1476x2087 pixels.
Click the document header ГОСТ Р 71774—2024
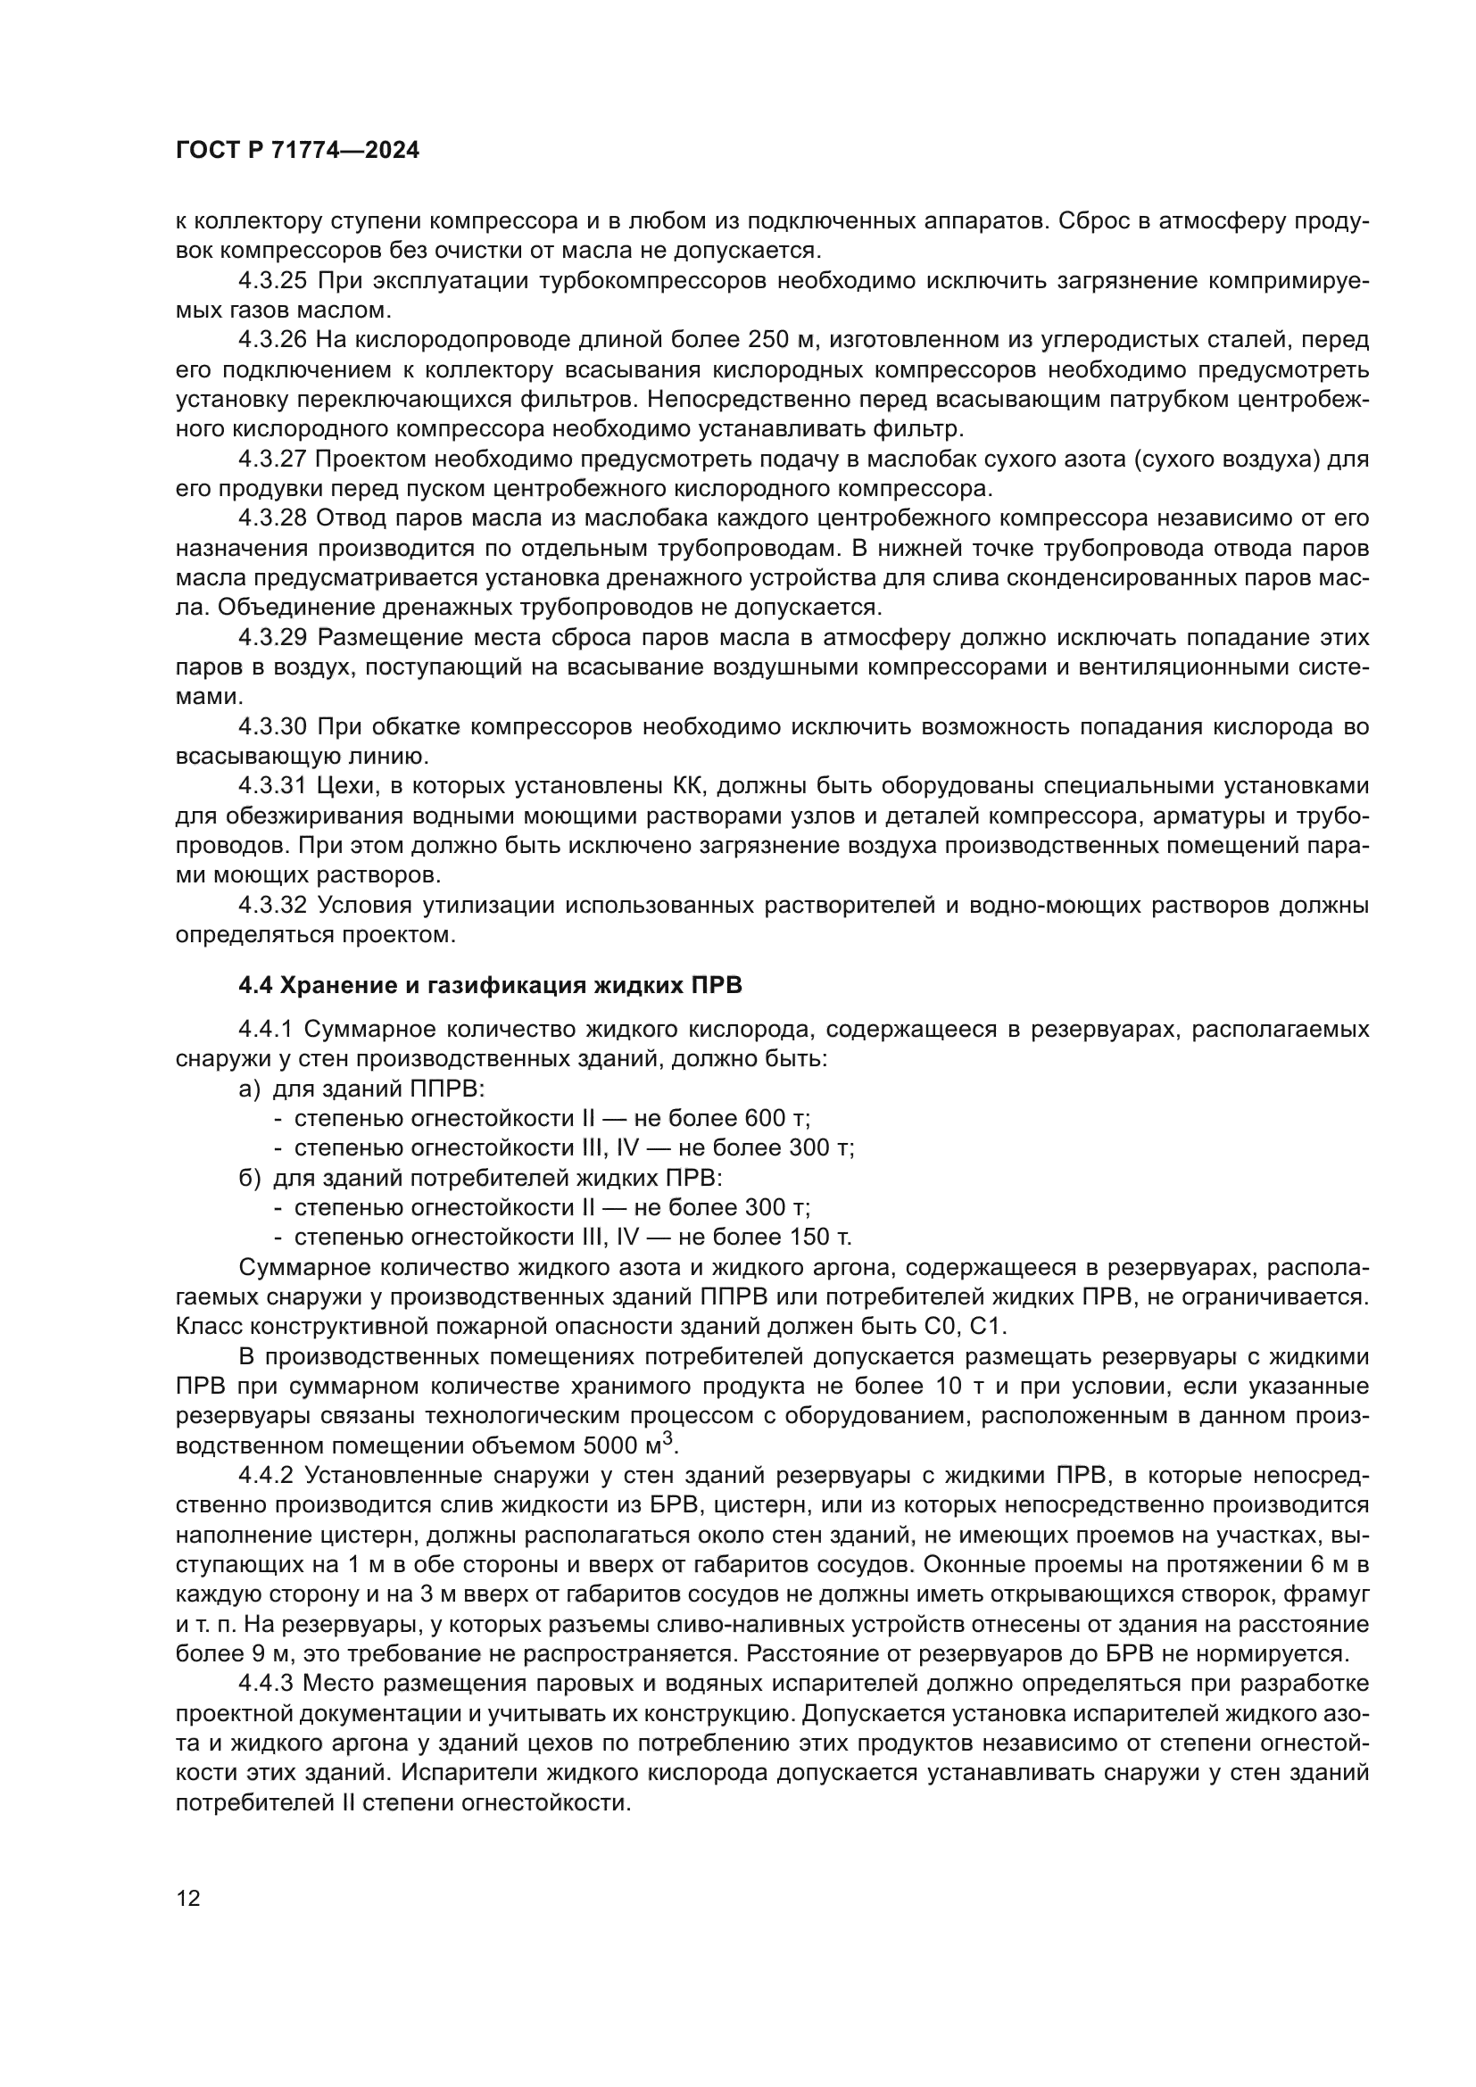pos(297,151)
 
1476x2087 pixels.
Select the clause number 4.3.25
pos(273,281)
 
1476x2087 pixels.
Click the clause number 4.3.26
pos(273,340)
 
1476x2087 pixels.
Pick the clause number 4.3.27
pos(273,459)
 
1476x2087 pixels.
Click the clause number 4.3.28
pos(273,518)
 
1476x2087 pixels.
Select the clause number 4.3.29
pos(273,637)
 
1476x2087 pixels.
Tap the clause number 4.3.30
pos(273,726)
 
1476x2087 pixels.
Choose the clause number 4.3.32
pos(273,905)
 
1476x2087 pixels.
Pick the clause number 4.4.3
pos(265,1683)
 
